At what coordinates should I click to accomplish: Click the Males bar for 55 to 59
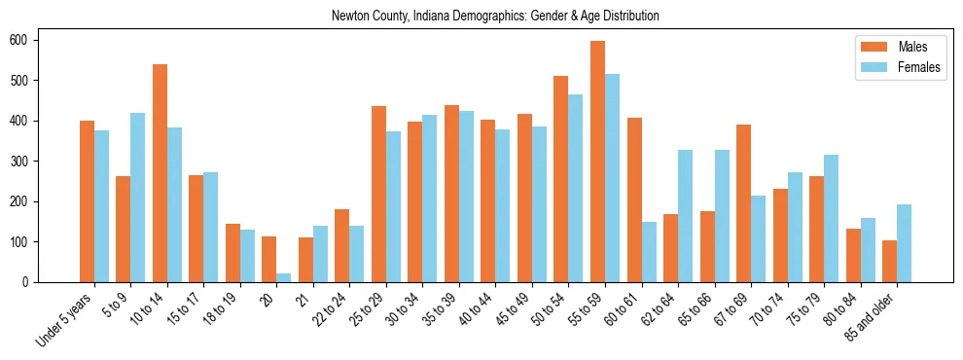coord(597,162)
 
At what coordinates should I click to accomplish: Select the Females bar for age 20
coord(284,277)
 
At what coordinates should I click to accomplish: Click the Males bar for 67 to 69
coord(743,203)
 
